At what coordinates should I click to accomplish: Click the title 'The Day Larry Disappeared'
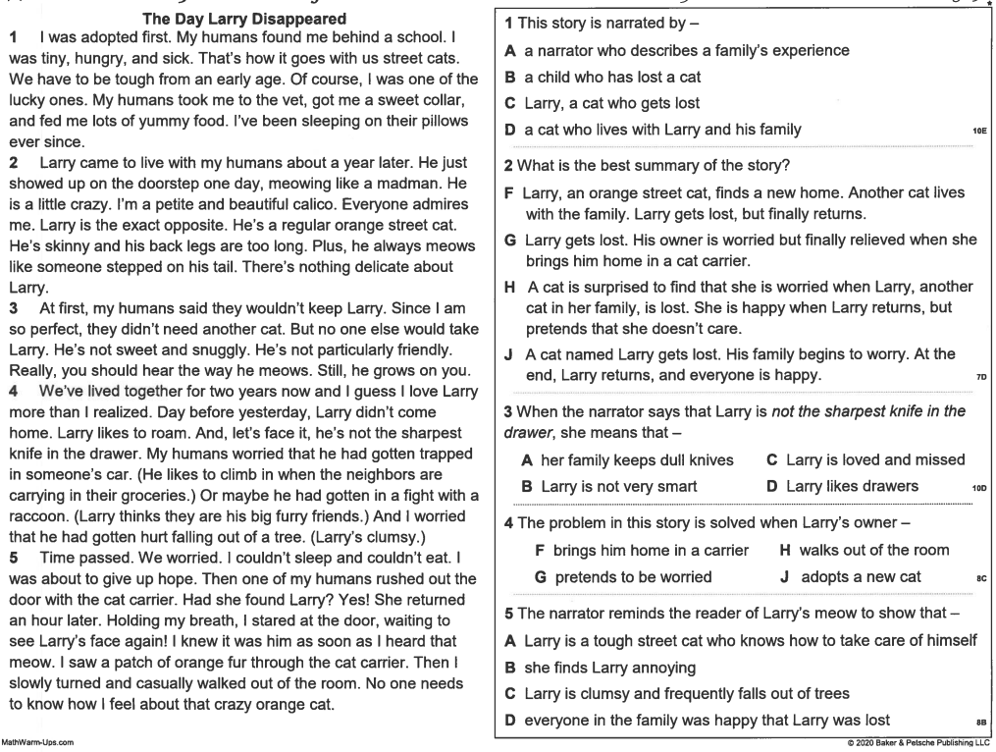pos(243,19)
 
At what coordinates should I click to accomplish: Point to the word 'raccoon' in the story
pos(39,515)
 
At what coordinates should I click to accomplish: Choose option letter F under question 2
pos(509,193)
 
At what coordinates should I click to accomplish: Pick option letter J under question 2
pos(510,354)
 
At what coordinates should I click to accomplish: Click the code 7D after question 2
pos(979,377)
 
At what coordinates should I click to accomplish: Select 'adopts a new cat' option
pos(861,577)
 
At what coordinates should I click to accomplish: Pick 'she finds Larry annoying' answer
pos(609,668)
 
